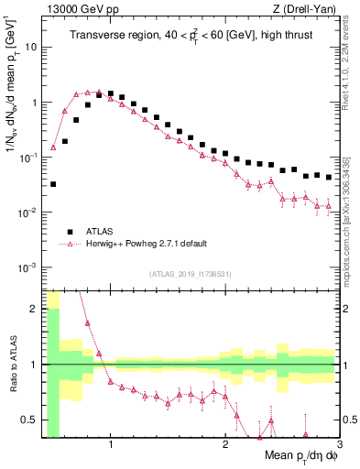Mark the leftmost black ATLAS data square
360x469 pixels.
(x=53, y=184)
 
